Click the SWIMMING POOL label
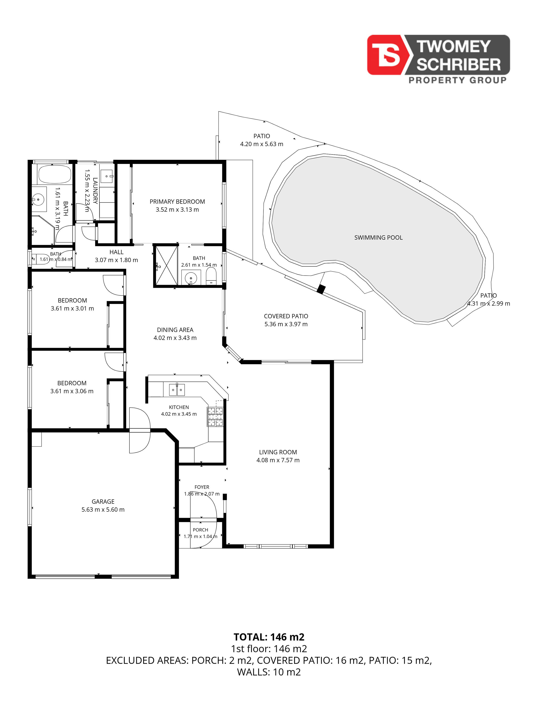point(378,238)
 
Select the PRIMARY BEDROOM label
point(177,202)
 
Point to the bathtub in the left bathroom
point(54,174)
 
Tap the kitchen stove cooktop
point(215,416)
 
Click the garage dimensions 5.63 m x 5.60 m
point(103,510)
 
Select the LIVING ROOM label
point(278,452)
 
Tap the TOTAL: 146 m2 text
point(269,637)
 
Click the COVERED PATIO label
point(286,316)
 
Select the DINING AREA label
point(175,330)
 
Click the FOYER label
point(202,487)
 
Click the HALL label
point(116,252)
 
